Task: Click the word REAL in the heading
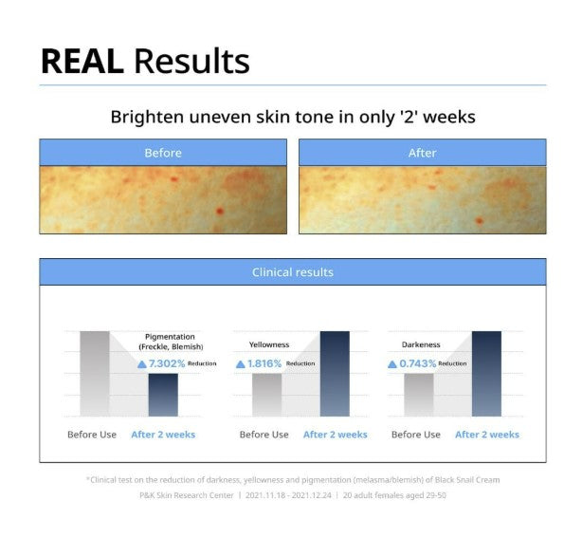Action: [x=82, y=62]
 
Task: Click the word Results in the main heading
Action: [x=191, y=61]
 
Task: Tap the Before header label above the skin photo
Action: [x=163, y=153]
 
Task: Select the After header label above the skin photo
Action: [x=422, y=153]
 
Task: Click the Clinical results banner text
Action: [x=293, y=272]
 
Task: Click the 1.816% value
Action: [x=264, y=363]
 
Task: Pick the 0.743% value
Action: [x=418, y=363]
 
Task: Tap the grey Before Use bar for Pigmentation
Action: [x=95, y=374]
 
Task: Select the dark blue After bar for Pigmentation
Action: [x=163, y=395]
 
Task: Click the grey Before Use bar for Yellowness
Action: [x=267, y=395]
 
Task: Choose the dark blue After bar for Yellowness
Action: [x=335, y=374]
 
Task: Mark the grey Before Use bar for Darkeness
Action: [x=419, y=395]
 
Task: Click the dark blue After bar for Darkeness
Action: [x=486, y=374]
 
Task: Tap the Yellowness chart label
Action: [x=269, y=344]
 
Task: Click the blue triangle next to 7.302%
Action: [x=142, y=364]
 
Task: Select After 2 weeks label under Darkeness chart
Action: [x=487, y=435]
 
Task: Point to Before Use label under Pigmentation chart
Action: [x=92, y=435]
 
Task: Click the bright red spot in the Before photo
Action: [x=219, y=211]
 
